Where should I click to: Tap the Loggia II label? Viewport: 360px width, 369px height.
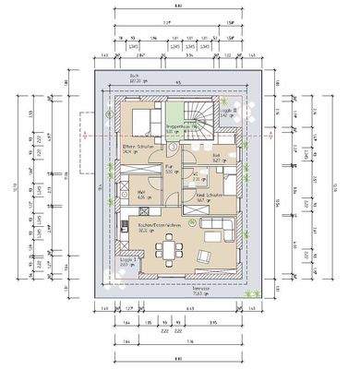[x=232, y=112]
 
